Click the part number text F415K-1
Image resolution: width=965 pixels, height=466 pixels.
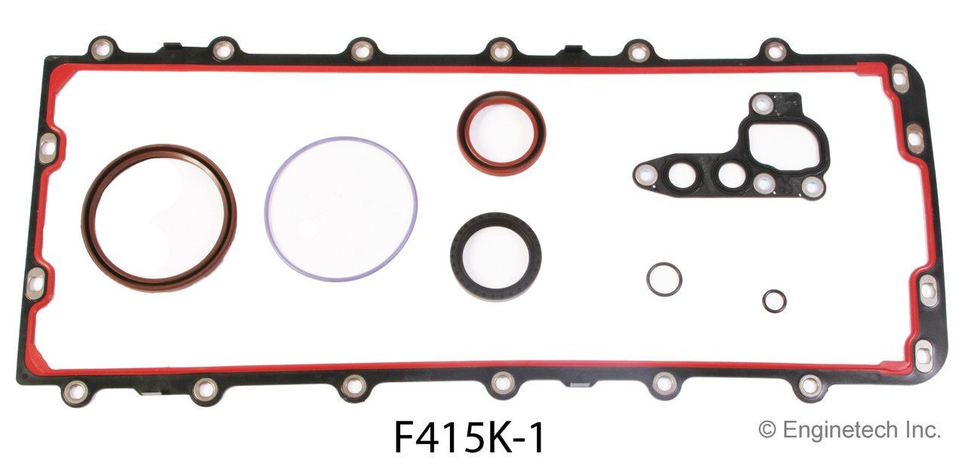(x=468, y=437)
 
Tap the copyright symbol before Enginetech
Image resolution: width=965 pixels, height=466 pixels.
(x=767, y=430)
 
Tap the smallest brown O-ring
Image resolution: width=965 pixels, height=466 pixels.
(x=774, y=300)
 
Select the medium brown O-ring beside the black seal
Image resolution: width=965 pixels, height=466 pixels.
(x=664, y=279)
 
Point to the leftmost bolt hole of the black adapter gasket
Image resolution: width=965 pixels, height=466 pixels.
(x=644, y=175)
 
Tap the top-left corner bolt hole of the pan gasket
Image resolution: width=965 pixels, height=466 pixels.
(x=100, y=48)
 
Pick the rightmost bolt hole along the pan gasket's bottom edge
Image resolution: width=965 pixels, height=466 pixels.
(x=810, y=385)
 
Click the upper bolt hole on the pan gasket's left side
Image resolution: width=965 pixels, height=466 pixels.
(x=47, y=148)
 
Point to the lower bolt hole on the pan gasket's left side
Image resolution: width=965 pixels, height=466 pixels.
(x=35, y=283)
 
